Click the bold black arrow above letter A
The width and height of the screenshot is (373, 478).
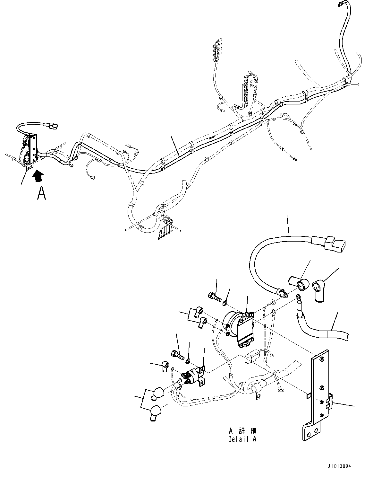38,176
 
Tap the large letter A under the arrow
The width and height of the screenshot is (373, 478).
41,193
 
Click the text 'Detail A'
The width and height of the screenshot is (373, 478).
242,439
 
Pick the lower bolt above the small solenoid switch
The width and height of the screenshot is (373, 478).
177,355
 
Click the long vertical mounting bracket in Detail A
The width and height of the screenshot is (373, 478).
317,395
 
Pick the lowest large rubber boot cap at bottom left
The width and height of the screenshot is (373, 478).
155,412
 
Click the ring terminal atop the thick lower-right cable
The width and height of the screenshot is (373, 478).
299,297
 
